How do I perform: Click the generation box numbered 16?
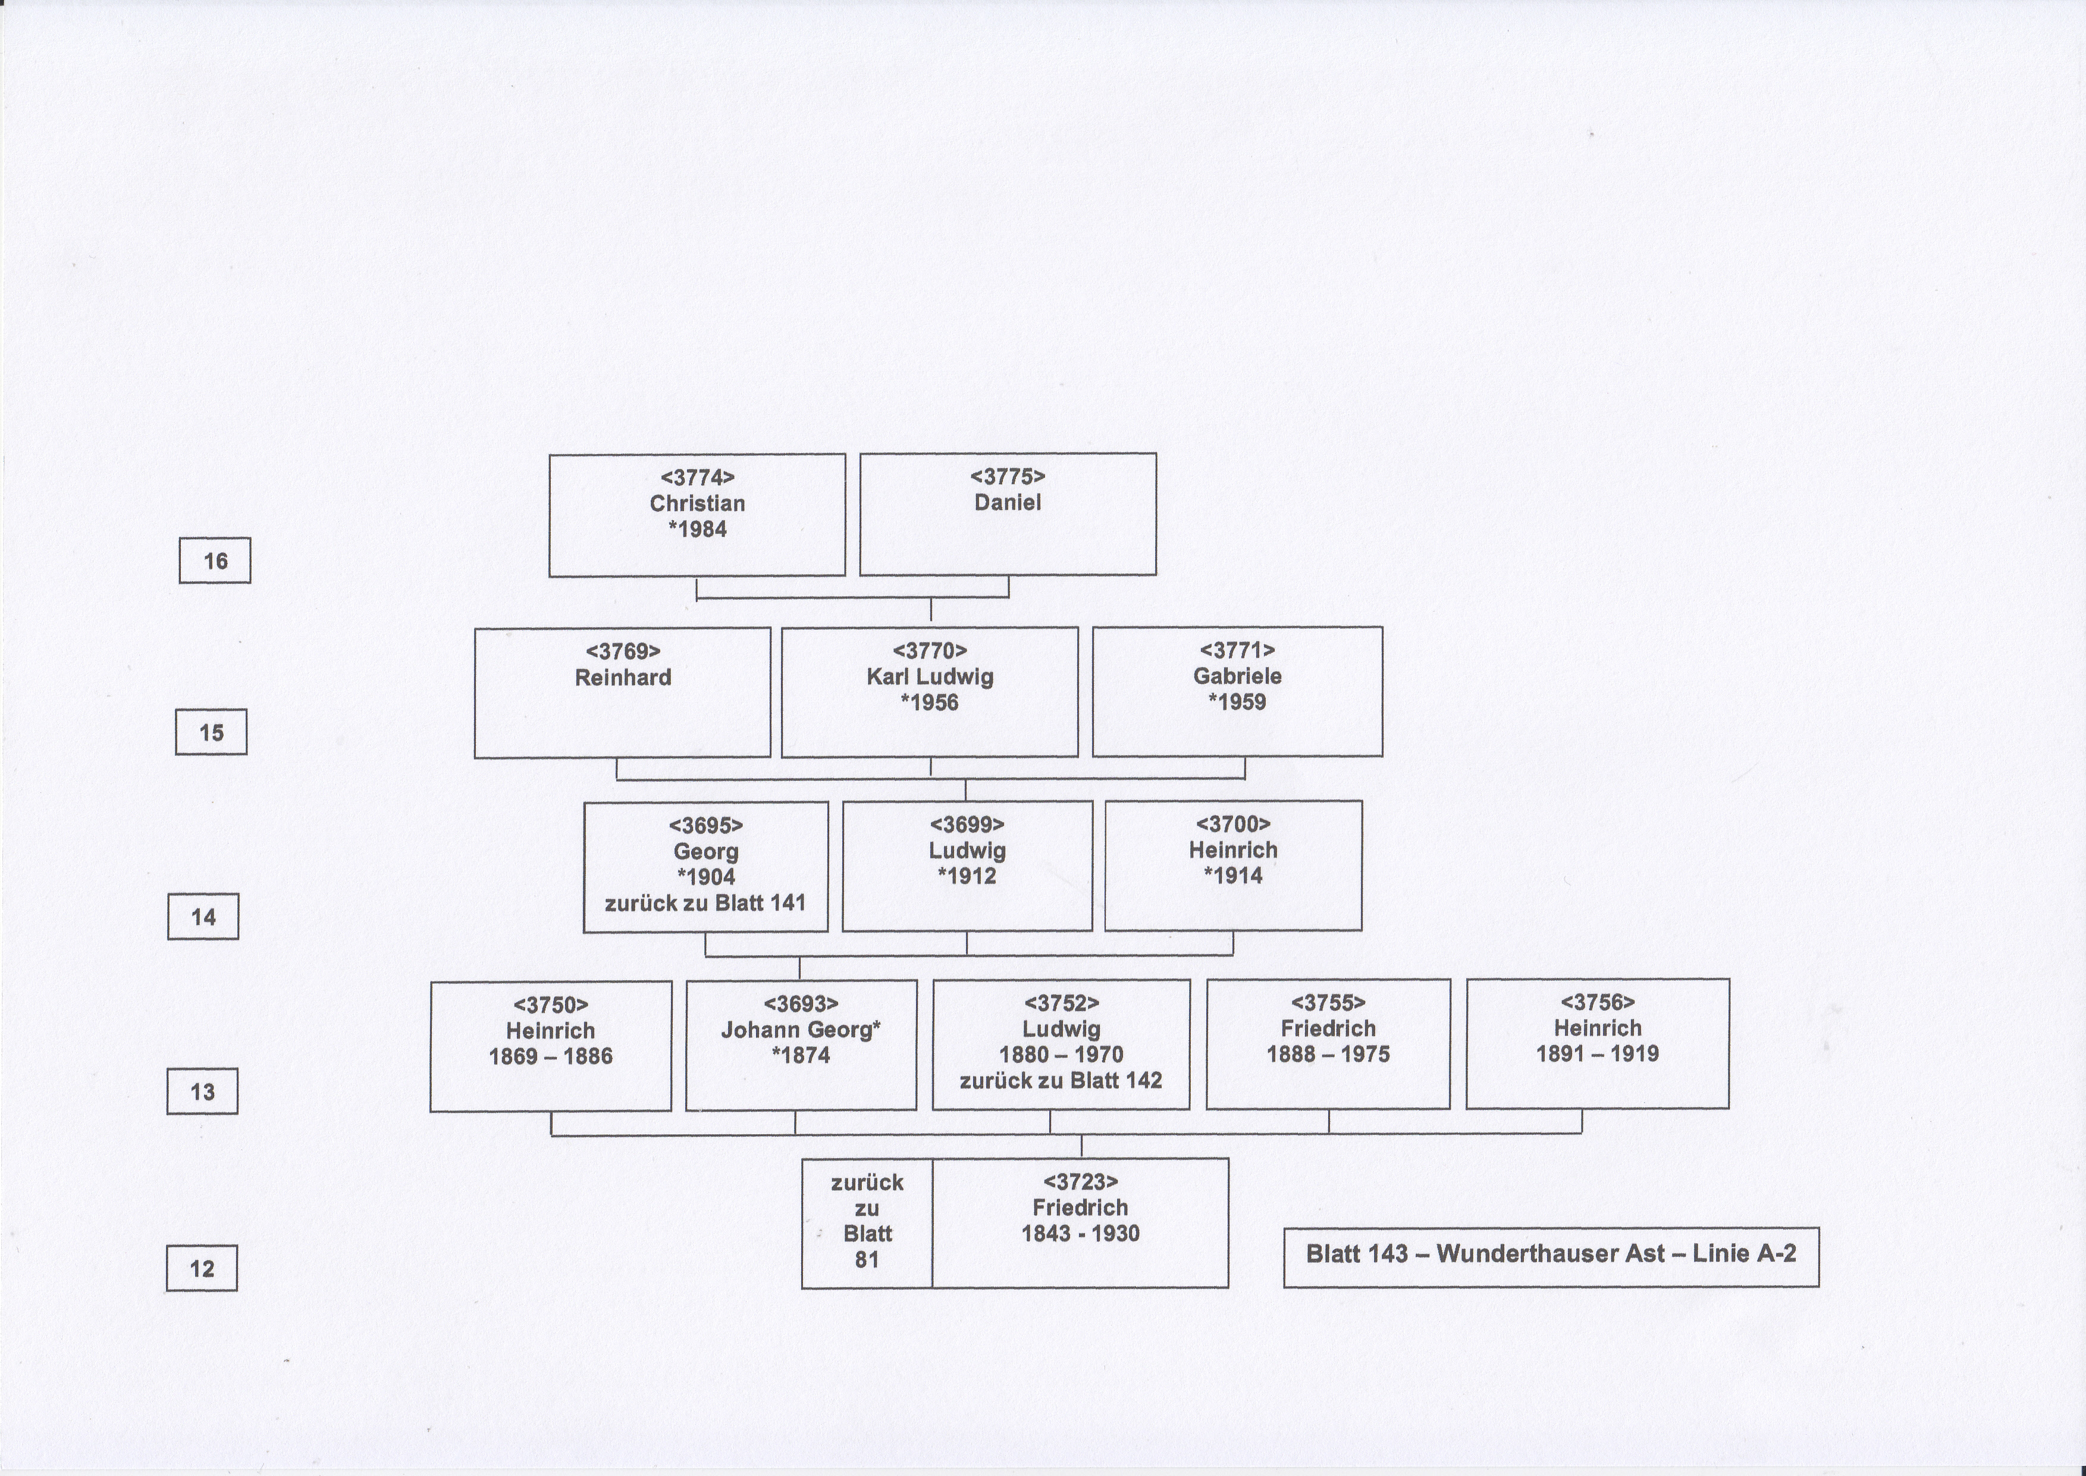point(215,561)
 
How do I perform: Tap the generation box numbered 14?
point(203,916)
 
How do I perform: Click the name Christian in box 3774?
point(697,504)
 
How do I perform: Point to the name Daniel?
point(1008,502)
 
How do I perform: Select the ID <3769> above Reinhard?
point(623,652)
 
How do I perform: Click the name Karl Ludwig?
point(930,677)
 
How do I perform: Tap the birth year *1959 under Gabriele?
point(1237,702)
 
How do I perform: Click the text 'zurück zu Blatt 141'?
point(705,903)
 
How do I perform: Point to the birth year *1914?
point(1233,876)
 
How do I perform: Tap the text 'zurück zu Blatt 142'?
point(1061,1081)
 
